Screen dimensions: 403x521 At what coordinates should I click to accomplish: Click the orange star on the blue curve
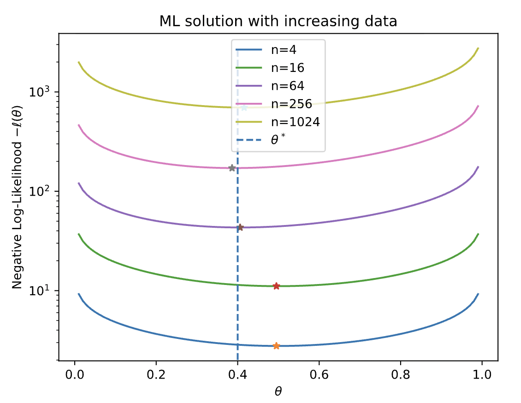tap(276, 346)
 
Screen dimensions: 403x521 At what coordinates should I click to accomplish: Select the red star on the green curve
tap(276, 286)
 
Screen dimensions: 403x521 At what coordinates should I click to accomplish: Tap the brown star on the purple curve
tap(240, 227)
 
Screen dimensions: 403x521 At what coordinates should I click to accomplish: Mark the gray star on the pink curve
tap(232, 168)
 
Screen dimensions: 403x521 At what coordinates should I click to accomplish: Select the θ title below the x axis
tap(278, 391)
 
